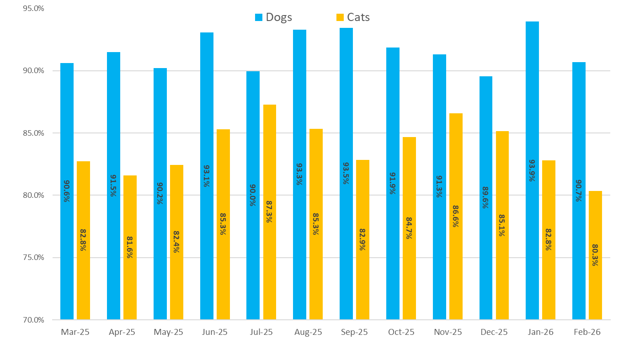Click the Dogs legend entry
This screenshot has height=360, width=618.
point(273,17)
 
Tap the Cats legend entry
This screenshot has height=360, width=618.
point(353,17)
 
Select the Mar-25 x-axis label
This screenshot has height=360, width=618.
point(75,332)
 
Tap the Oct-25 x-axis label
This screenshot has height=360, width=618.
point(401,332)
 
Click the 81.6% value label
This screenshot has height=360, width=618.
point(130,247)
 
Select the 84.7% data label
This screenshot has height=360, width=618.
point(409,228)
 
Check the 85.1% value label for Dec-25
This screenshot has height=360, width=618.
point(502,225)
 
